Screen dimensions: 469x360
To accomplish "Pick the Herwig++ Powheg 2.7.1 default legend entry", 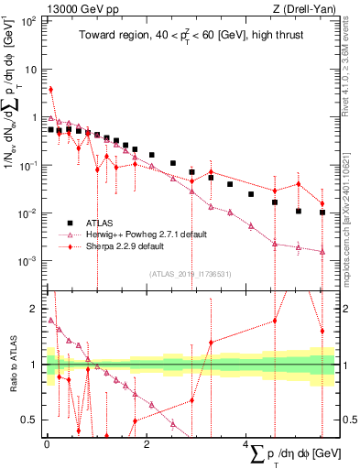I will pyautogui.click(x=153, y=234).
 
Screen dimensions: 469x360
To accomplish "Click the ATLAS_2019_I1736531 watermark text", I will pyautogui.click(x=191, y=273).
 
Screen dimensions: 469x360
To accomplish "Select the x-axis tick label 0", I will pyautogui.click(x=47, y=445).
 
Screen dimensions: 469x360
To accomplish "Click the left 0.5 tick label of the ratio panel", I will pyautogui.click(x=31, y=420).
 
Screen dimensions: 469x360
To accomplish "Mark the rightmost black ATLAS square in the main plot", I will pyautogui.click(x=322, y=213).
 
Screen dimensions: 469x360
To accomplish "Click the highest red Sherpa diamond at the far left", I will pyautogui.click(x=51, y=90).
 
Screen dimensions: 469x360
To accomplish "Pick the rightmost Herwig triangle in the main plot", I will pyautogui.click(x=322, y=251).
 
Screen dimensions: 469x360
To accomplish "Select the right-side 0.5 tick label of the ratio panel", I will pyautogui.click(x=348, y=420).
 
